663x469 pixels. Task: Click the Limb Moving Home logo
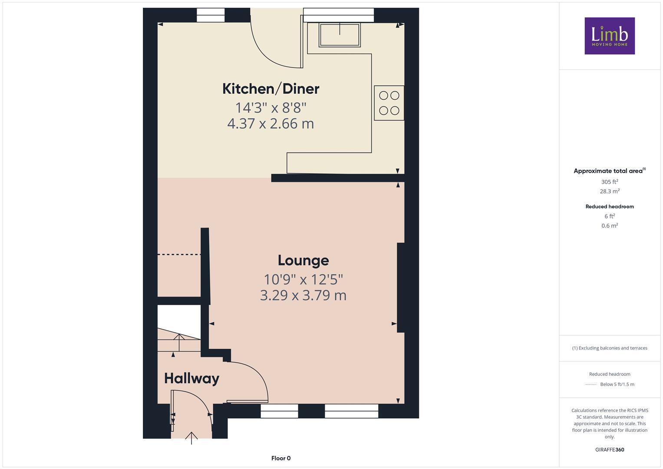pyautogui.click(x=609, y=36)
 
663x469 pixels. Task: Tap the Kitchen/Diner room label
pyautogui.click(x=270, y=89)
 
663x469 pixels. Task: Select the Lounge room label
pyautogui.click(x=303, y=260)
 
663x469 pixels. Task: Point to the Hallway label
pyautogui.click(x=191, y=378)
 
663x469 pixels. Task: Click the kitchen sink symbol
pyautogui.click(x=340, y=34)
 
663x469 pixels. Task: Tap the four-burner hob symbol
pyautogui.click(x=389, y=103)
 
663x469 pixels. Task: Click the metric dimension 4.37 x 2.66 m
pyautogui.click(x=270, y=124)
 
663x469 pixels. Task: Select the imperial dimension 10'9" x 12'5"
pyautogui.click(x=303, y=279)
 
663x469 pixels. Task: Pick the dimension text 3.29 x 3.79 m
pyautogui.click(x=303, y=295)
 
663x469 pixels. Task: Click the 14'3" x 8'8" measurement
pyautogui.click(x=270, y=107)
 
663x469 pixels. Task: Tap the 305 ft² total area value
pyautogui.click(x=609, y=182)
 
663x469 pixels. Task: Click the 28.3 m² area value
pyautogui.click(x=609, y=191)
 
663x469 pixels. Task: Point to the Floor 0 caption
pyautogui.click(x=280, y=458)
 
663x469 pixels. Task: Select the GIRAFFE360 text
pyautogui.click(x=609, y=449)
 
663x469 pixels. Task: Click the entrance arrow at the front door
pyautogui.click(x=191, y=437)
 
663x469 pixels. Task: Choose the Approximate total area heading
pyautogui.click(x=609, y=171)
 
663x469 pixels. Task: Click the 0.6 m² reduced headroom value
pyautogui.click(x=609, y=225)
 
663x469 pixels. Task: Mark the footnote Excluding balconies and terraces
pyautogui.click(x=609, y=348)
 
